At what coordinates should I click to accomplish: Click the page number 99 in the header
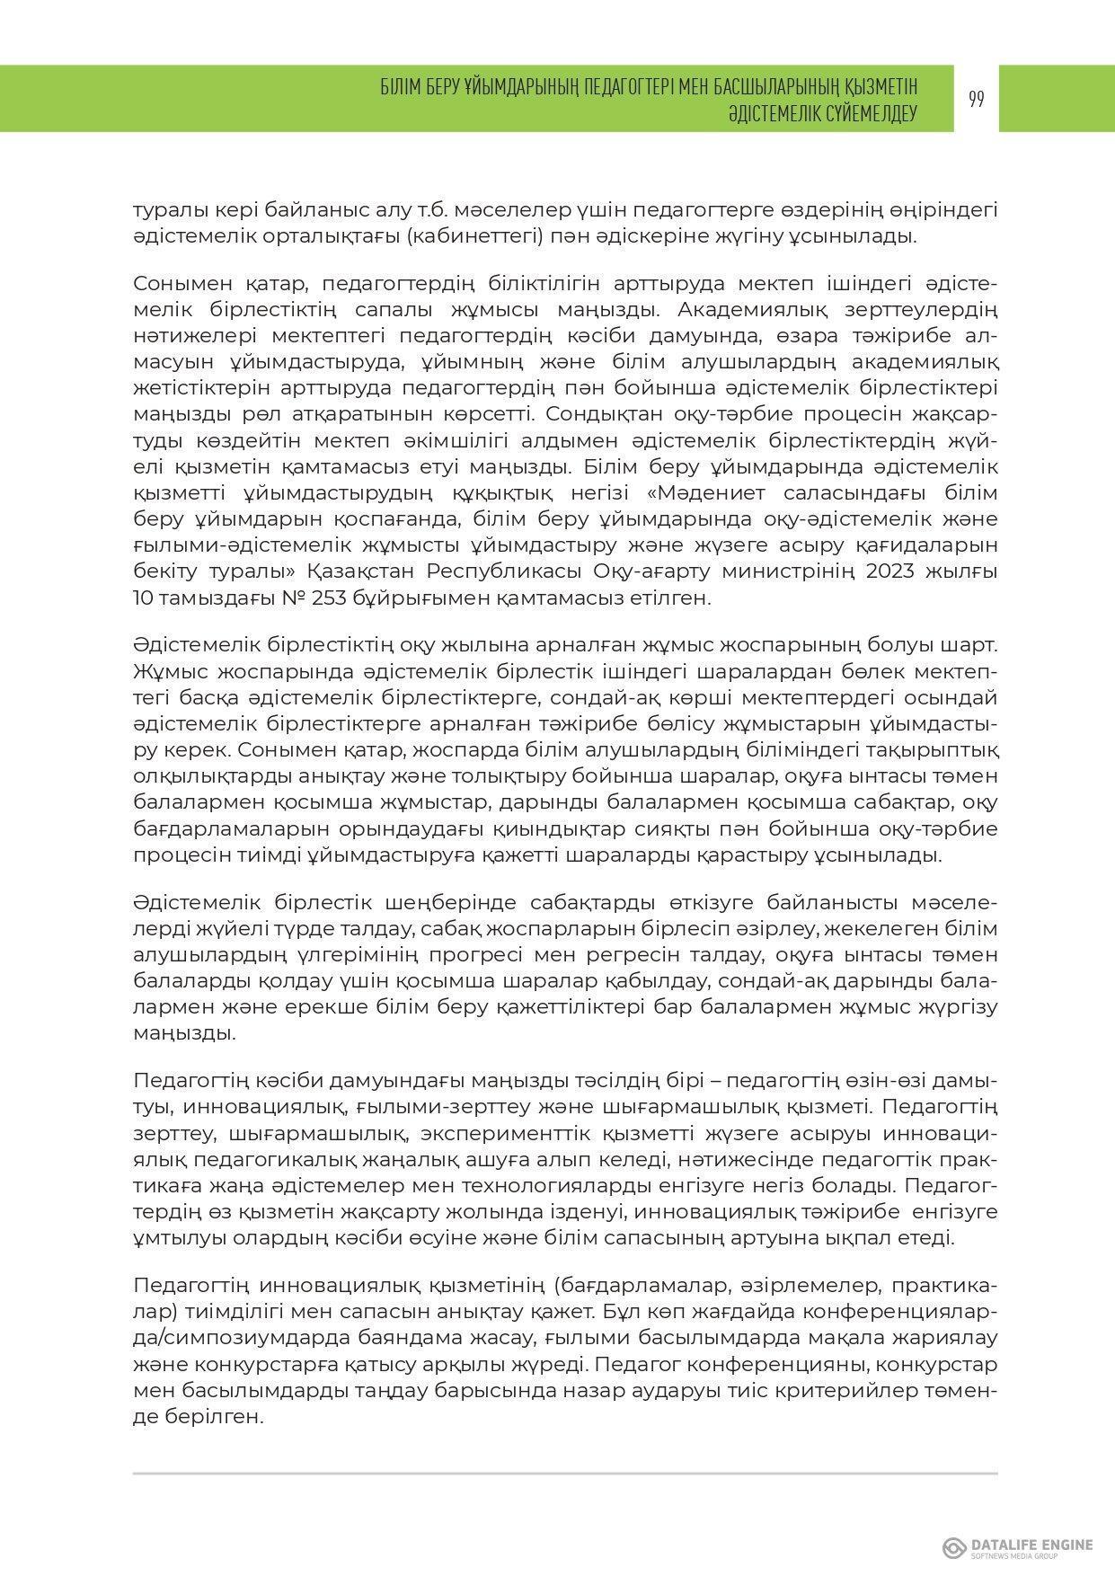977,99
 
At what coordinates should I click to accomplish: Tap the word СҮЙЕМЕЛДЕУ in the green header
865,114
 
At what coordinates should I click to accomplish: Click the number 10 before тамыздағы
144,598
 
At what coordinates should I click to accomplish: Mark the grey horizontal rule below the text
565,1473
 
